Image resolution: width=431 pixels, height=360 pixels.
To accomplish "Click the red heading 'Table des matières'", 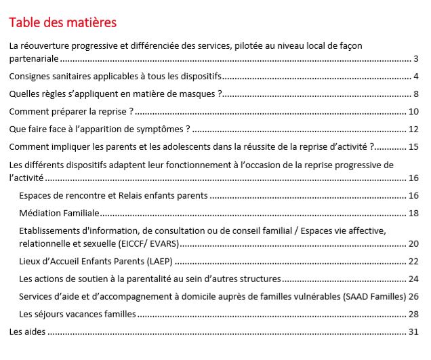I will click(63, 22).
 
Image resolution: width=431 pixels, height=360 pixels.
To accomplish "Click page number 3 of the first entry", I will click(416, 58).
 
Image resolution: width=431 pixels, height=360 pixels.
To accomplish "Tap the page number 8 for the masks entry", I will click(416, 94).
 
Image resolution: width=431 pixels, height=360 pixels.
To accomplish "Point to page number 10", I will click(413, 111).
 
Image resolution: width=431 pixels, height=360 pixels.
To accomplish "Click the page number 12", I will click(413, 129).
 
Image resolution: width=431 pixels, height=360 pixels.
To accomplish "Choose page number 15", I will click(413, 146).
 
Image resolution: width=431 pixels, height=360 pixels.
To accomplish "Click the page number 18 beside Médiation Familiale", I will click(413, 213).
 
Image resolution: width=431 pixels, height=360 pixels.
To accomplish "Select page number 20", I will click(413, 243).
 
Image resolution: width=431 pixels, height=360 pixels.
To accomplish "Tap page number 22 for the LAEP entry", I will click(413, 261).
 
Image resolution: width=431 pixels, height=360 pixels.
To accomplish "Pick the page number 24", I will click(413, 279).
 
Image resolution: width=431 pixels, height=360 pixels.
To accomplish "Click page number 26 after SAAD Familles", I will click(413, 296).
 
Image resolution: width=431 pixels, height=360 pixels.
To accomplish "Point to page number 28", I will click(413, 314).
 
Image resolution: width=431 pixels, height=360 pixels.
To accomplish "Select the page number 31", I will click(413, 332).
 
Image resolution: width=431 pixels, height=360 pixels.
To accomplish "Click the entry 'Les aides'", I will click(26, 332).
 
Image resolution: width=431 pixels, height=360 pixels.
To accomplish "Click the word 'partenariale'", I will click(34, 58).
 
